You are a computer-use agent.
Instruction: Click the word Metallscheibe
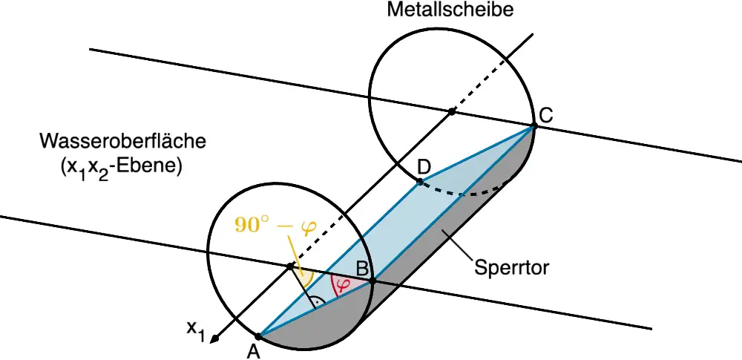(450, 10)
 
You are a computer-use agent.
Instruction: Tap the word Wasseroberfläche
(123, 141)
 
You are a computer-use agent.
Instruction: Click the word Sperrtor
(511, 268)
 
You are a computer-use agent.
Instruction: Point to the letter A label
(254, 352)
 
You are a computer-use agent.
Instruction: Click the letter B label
(362, 269)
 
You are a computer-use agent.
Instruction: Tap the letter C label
(545, 116)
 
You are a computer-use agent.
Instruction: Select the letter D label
(424, 167)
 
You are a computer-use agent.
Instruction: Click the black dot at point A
(258, 336)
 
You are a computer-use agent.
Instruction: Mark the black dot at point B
(372, 281)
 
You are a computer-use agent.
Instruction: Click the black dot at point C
(533, 126)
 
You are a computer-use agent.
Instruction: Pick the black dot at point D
(419, 181)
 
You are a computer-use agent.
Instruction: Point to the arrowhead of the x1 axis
(215, 338)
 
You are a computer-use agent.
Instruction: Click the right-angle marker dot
(318, 302)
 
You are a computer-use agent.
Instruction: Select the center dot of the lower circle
(289, 266)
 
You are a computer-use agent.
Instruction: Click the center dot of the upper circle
(452, 111)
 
